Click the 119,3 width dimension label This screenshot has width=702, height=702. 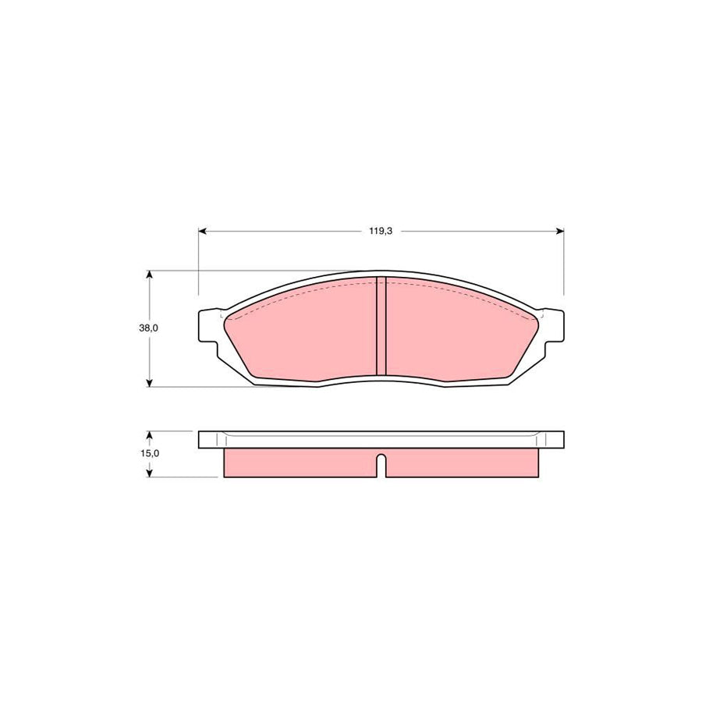pos(381,232)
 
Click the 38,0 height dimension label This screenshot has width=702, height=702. pos(148,328)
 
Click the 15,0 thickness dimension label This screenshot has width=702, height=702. pos(149,453)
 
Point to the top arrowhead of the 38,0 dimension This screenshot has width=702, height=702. pos(148,275)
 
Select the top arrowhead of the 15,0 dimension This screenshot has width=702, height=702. pos(148,435)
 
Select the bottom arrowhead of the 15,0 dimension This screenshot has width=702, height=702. pos(148,472)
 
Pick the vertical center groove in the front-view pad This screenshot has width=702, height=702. pos(381,326)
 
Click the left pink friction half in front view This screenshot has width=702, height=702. pos(304,335)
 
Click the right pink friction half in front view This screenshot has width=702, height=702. pos(460,335)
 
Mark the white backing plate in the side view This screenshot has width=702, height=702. pos(381,439)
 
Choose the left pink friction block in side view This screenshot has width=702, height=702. pos(300,463)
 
